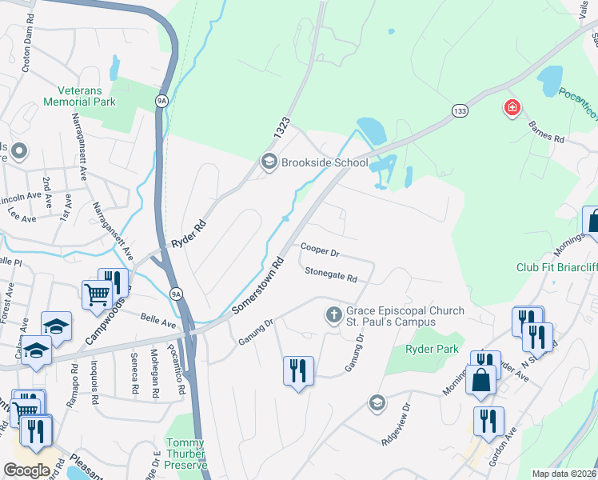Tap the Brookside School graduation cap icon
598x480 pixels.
coord(269,162)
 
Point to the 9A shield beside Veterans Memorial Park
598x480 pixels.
coord(161,101)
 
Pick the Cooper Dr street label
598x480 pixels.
coord(320,250)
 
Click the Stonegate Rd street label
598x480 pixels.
coord(330,274)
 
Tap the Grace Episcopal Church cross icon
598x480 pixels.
coord(333,315)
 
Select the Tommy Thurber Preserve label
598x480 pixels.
coord(185,454)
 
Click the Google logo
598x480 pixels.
coord(26,470)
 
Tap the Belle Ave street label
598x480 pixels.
coord(158,321)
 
